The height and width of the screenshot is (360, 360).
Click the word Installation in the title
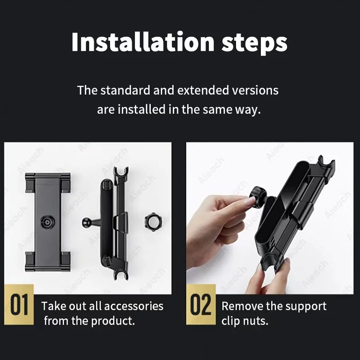(143, 42)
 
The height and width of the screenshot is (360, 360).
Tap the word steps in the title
(254, 44)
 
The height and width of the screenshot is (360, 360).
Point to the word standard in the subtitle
(125, 90)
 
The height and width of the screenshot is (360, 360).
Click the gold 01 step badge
(19, 304)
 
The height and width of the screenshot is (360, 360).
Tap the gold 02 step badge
(201, 304)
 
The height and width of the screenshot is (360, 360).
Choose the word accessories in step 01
(134, 306)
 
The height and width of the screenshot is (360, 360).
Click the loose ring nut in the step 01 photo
(153, 222)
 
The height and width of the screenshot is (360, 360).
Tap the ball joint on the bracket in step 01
(87, 222)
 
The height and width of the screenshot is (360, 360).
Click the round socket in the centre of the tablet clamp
(47, 222)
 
